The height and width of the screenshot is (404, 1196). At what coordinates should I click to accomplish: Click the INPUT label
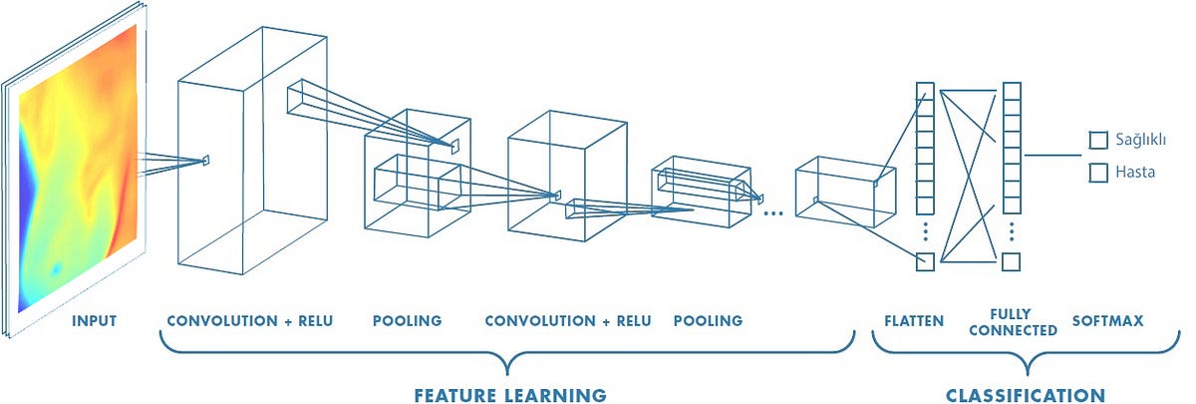95,321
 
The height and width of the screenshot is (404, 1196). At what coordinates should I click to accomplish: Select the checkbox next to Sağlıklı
1098,141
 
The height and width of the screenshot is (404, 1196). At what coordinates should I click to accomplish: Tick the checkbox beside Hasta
1098,173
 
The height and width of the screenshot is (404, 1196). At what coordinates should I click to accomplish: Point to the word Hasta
1135,173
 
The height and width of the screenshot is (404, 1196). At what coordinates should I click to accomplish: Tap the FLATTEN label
913,321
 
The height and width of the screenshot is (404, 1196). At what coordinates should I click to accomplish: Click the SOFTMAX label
1106,321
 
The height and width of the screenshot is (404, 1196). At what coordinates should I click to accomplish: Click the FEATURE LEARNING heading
510,394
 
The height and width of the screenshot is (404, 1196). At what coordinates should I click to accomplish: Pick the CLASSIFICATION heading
1026,394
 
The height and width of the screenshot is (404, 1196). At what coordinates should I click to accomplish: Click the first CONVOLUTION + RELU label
250,321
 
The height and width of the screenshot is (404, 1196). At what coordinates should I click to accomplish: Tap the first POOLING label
407,321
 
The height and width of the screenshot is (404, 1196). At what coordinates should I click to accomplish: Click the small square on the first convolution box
207,160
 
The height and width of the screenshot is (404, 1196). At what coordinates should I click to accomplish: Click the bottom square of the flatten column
925,262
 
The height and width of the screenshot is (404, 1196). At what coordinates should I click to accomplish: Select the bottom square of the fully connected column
1011,262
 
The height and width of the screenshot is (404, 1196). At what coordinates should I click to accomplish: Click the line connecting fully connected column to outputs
1051,156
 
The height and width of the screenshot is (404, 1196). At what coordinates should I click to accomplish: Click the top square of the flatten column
925,92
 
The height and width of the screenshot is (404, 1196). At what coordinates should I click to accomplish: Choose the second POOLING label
708,321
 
